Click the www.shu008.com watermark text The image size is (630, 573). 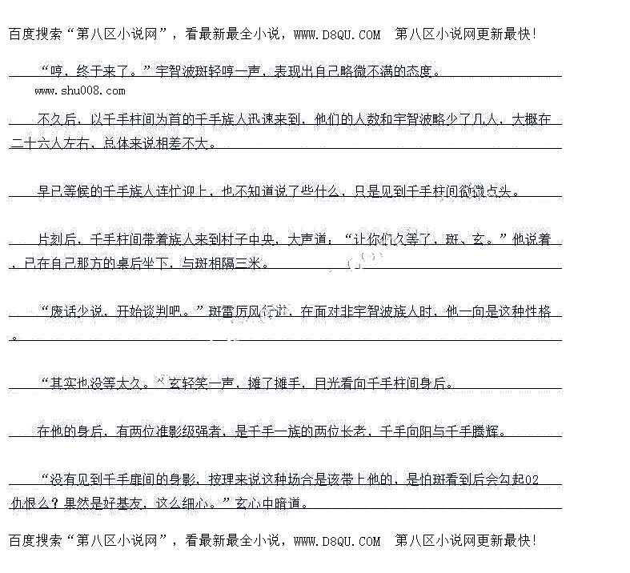click(79, 91)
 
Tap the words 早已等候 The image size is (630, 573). click(63, 191)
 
